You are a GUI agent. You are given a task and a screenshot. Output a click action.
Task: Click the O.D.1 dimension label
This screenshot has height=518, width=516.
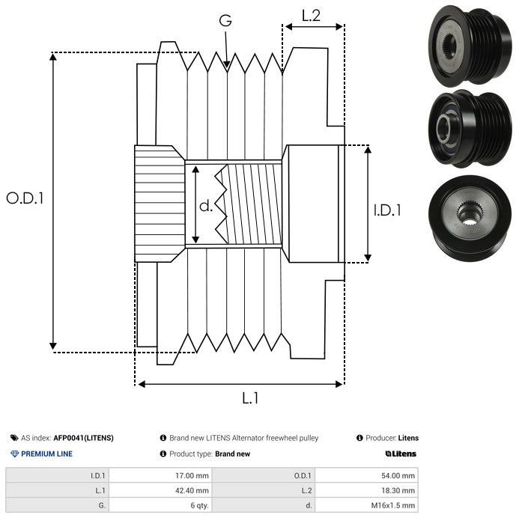[25, 198]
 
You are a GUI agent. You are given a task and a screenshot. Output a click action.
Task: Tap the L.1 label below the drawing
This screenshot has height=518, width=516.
[250, 398]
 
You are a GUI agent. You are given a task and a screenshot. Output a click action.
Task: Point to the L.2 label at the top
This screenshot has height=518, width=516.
[311, 15]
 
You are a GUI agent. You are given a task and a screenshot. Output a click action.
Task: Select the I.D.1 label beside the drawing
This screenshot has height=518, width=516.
[387, 211]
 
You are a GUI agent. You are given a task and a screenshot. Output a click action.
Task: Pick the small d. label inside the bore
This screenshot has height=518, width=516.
[206, 206]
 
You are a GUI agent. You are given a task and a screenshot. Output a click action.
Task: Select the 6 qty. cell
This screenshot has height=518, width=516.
[198, 505]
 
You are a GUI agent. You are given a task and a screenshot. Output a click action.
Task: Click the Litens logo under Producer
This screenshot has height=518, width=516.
[401, 454]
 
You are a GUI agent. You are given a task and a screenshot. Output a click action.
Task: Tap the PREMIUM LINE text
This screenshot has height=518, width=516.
[46, 454]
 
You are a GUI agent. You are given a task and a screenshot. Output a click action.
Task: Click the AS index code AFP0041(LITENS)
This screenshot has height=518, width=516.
[84, 438]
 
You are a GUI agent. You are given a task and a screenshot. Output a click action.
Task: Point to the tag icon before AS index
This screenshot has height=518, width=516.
[14, 438]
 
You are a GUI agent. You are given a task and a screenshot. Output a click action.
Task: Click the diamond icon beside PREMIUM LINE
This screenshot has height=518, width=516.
[14, 454]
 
